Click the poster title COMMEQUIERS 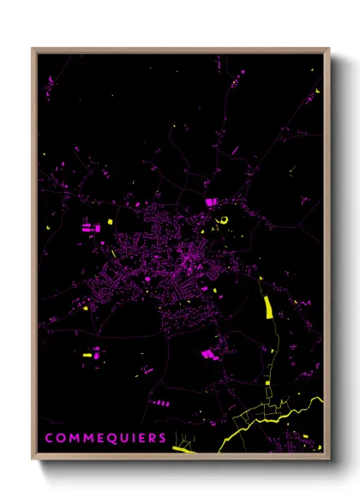pyautogui.click(x=106, y=438)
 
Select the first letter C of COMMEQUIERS pyautogui.click(x=50, y=438)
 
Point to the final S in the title pyautogui.click(x=163, y=438)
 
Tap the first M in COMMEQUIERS pyautogui.click(x=75, y=438)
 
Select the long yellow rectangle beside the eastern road pyautogui.click(x=267, y=306)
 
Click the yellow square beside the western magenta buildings pyautogui.click(x=110, y=223)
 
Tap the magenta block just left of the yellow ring pyautogui.click(x=211, y=201)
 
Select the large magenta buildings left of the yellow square pyautogui.click(x=88, y=229)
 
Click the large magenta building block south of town pyautogui.click(x=207, y=353)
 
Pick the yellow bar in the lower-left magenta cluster pyautogui.click(x=87, y=353)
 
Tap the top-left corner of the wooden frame pyautogui.click(x=33, y=49)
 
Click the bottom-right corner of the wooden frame pyautogui.click(x=328, y=458)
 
